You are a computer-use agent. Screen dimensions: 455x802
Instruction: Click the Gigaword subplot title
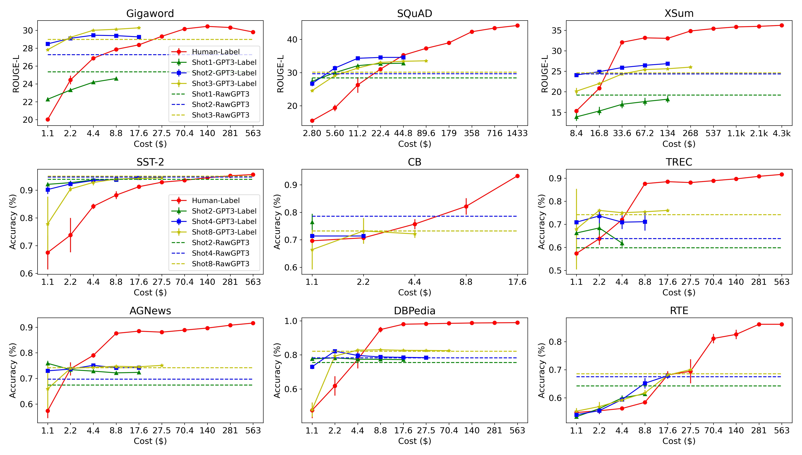coord(150,14)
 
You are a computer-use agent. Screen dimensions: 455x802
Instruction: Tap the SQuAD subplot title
coord(414,14)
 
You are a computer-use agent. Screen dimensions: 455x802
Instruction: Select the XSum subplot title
coord(679,14)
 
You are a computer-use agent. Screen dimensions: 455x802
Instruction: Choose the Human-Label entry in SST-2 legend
coord(216,201)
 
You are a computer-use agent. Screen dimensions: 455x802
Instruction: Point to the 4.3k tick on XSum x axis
coord(781,133)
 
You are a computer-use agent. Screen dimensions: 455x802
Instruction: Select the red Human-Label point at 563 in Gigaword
coord(253,32)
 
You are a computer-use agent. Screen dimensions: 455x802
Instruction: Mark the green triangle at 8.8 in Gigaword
coord(116,79)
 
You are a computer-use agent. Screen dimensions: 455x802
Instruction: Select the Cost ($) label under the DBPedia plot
coord(414,441)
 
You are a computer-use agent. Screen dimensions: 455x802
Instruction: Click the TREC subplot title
coord(679,162)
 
